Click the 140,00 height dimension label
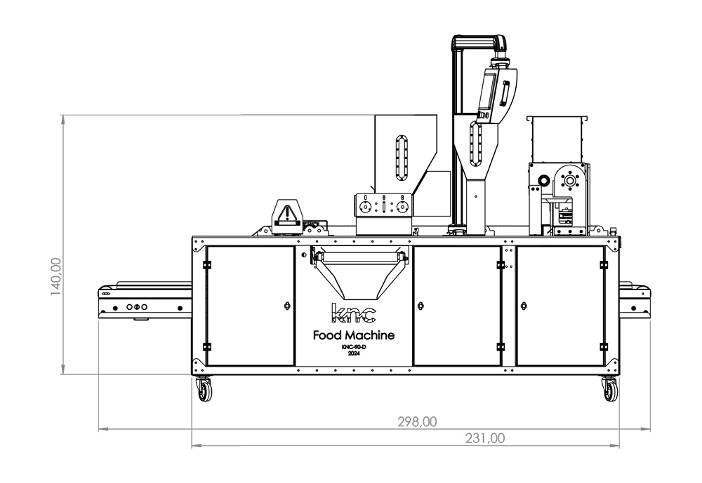[x=56, y=277]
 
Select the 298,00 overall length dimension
[x=417, y=422]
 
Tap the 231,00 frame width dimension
[x=485, y=438]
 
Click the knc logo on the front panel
[x=353, y=313]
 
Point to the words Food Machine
[x=354, y=335]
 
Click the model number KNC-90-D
[x=354, y=348]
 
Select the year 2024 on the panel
[x=354, y=353]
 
